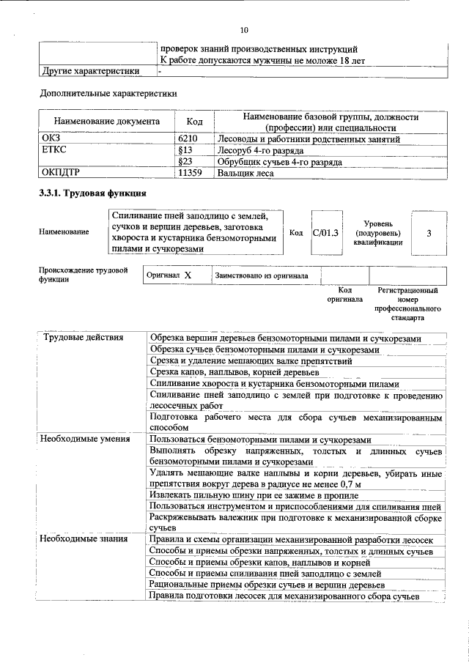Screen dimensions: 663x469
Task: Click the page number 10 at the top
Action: click(x=244, y=30)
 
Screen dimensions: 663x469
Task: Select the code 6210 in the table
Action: click(x=188, y=138)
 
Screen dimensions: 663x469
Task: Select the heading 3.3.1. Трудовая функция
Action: click(x=92, y=193)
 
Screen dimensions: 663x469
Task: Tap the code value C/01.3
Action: click(x=325, y=232)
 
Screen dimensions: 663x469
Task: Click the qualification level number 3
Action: click(x=429, y=232)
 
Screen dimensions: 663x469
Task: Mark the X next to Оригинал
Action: click(x=188, y=275)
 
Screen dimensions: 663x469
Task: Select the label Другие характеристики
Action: click(x=89, y=71)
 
